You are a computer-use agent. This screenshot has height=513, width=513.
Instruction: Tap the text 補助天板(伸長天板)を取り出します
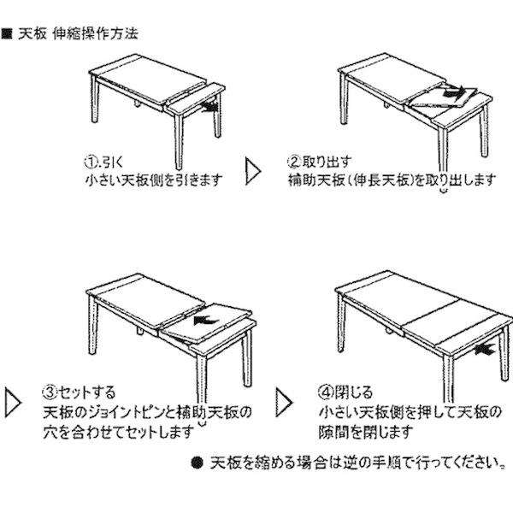coord(392,180)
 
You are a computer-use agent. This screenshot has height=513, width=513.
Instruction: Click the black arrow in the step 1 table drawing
coord(206,107)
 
